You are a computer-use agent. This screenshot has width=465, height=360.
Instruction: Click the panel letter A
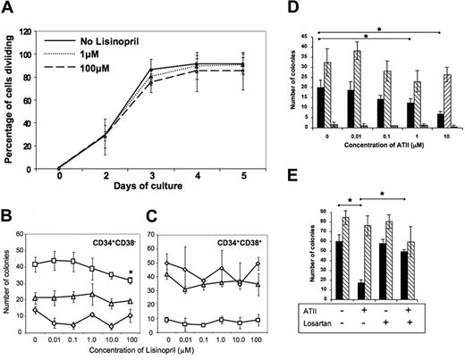[8, 9]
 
